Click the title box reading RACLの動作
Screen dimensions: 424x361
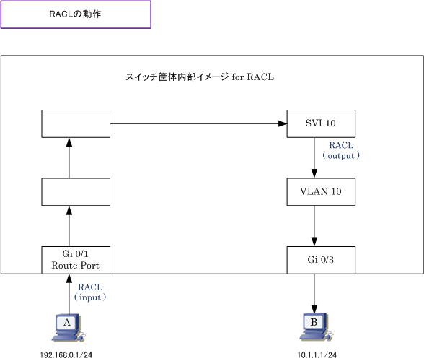pos(76,14)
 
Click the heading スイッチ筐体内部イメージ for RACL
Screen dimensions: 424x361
pos(200,77)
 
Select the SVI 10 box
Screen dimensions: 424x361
pos(321,123)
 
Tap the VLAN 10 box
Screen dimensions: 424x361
pos(321,192)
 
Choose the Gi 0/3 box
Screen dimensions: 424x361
pos(321,260)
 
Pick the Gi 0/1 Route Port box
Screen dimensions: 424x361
pos(76,260)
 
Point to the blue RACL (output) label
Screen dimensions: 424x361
pos(341,151)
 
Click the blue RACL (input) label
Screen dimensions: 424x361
pos(90,292)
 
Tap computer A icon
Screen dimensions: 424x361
pos(69,328)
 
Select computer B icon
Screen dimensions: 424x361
pos(316,327)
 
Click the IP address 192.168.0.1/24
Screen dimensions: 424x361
pos(66,355)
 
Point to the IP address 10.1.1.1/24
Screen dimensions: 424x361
pos(317,355)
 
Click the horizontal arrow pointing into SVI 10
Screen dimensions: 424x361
pos(198,123)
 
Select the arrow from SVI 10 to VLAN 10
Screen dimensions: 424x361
pos(314,157)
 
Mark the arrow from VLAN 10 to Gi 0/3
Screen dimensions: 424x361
pos(314,226)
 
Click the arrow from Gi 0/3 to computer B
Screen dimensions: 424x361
pos(314,294)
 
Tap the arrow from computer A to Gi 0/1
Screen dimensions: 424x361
pos(69,295)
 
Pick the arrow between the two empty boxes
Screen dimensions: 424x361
pos(69,158)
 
